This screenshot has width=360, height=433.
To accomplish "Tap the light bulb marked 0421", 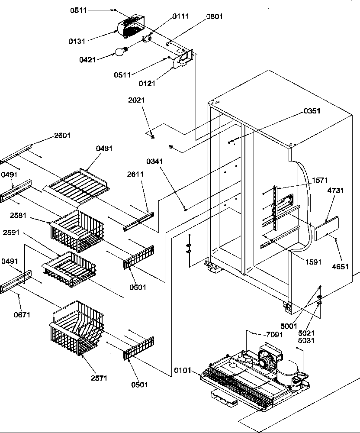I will tap(119, 52).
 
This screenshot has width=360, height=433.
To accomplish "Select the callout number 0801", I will tap(215, 16).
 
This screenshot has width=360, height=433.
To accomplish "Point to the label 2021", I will tap(136, 100).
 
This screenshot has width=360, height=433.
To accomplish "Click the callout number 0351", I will tap(312, 111).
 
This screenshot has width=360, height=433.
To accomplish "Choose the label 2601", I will tap(62, 136).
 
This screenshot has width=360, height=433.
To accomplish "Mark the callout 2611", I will tap(135, 174).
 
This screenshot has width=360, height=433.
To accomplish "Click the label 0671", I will tap(22, 315).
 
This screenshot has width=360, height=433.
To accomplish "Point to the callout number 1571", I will tap(319, 180).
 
